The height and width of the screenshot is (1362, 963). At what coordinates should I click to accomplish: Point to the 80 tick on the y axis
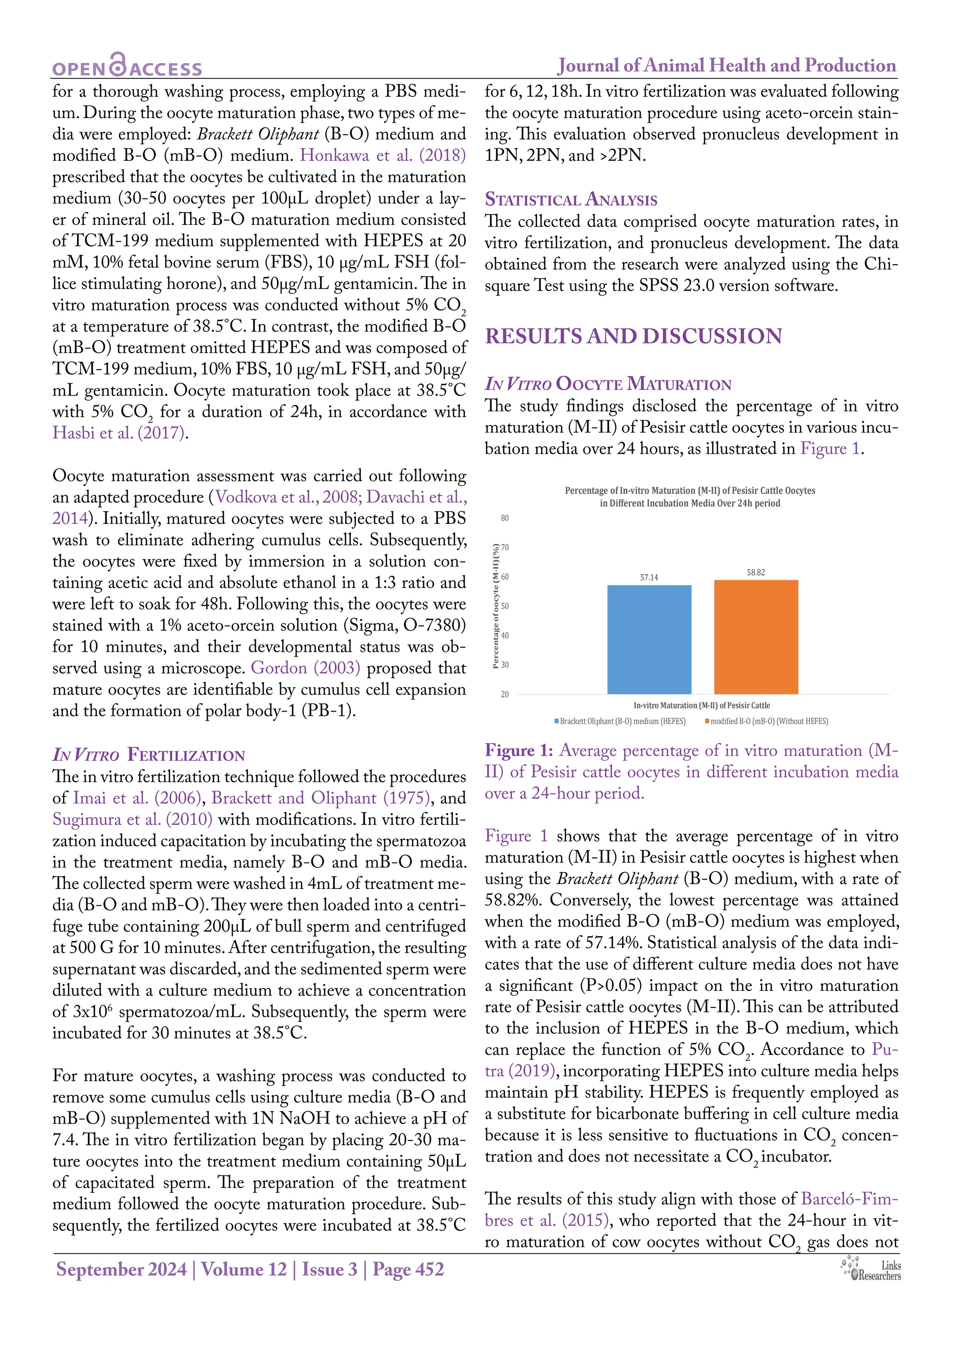click(x=505, y=518)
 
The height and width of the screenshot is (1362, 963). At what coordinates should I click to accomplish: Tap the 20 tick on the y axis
click(x=505, y=694)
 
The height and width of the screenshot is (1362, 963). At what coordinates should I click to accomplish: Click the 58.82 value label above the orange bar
click(x=756, y=572)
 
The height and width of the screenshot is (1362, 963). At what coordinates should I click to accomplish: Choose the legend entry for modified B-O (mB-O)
click(x=768, y=721)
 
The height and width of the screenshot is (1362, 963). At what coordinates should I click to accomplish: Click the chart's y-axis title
click(x=496, y=606)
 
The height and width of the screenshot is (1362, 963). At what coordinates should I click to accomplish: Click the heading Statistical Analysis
click(x=570, y=199)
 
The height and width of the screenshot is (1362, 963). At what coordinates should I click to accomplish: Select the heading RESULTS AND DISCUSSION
click(x=633, y=336)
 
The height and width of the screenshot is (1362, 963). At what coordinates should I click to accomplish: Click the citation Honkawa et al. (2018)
click(x=382, y=155)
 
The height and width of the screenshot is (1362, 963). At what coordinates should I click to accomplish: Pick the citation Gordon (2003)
click(x=305, y=668)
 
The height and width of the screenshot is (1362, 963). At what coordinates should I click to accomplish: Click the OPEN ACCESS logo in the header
click(x=127, y=65)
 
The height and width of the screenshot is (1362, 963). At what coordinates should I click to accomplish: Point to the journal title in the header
click(x=726, y=65)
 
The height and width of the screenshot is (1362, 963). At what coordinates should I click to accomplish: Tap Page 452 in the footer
click(x=408, y=1269)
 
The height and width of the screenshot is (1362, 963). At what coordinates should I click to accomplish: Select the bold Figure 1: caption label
click(x=519, y=751)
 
